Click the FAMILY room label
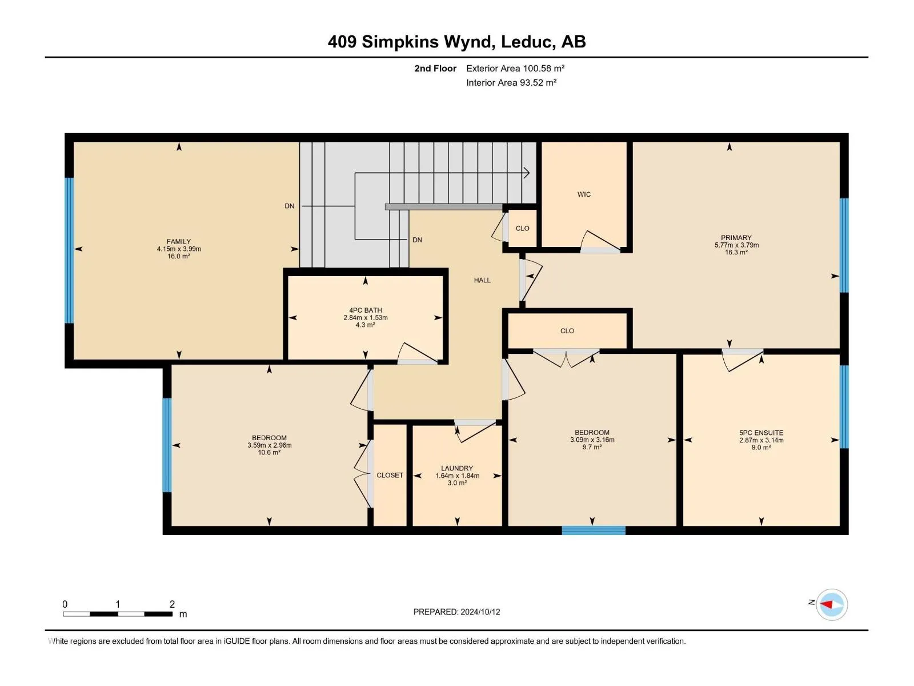coord(179,242)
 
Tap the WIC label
coord(584,194)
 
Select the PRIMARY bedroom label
coord(736,238)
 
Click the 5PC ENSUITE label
coord(761,433)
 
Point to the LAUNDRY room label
coord(457,468)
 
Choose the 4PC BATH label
coord(365,310)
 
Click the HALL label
coord(482,280)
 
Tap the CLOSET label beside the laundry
coord(390,475)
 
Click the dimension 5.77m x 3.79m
coord(736,245)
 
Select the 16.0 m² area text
coord(179,256)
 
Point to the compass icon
coord(832,604)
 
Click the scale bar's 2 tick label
coord(172,604)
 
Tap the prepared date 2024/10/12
coord(480,612)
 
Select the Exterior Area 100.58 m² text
coord(515,68)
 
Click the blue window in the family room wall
coord(69,250)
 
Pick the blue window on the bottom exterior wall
coord(594,531)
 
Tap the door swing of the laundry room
coord(475,432)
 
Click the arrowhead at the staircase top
coord(527,173)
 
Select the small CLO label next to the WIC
coord(522,228)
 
